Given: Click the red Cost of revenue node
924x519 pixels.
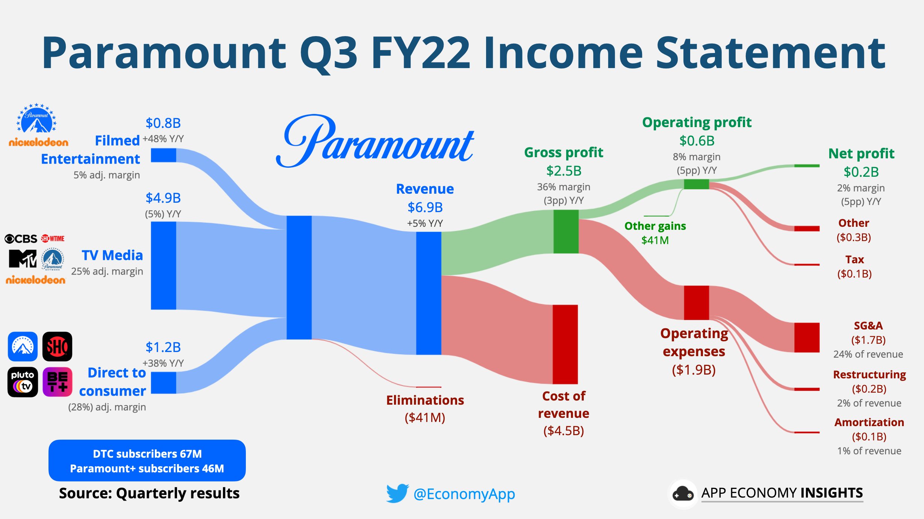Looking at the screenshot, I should (x=565, y=344).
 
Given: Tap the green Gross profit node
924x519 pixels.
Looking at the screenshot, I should (x=566, y=231).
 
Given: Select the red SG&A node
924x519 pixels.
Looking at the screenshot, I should (x=807, y=337).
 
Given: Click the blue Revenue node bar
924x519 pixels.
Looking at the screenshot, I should (x=429, y=293).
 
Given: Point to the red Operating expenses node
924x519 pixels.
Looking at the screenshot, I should (x=696, y=302).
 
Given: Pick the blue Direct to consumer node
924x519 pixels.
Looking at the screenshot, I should (x=164, y=382).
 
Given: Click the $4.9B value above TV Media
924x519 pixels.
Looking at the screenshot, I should (x=163, y=198).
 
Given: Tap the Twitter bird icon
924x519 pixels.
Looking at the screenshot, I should (x=397, y=493).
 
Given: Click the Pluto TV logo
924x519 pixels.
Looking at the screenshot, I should (x=23, y=382).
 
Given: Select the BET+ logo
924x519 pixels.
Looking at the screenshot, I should (x=58, y=382).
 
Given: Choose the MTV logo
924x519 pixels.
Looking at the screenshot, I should (x=23, y=259).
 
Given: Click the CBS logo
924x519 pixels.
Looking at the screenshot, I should (x=21, y=238).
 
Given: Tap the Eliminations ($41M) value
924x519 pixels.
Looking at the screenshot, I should (x=425, y=417).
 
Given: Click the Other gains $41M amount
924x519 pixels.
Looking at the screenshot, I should (x=655, y=240).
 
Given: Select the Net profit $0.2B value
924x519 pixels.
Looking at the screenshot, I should (x=861, y=172).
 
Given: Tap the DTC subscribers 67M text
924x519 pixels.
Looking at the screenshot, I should (x=147, y=454).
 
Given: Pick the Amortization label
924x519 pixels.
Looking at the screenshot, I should (x=869, y=422).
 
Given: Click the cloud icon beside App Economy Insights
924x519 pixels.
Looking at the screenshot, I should (x=683, y=493).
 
